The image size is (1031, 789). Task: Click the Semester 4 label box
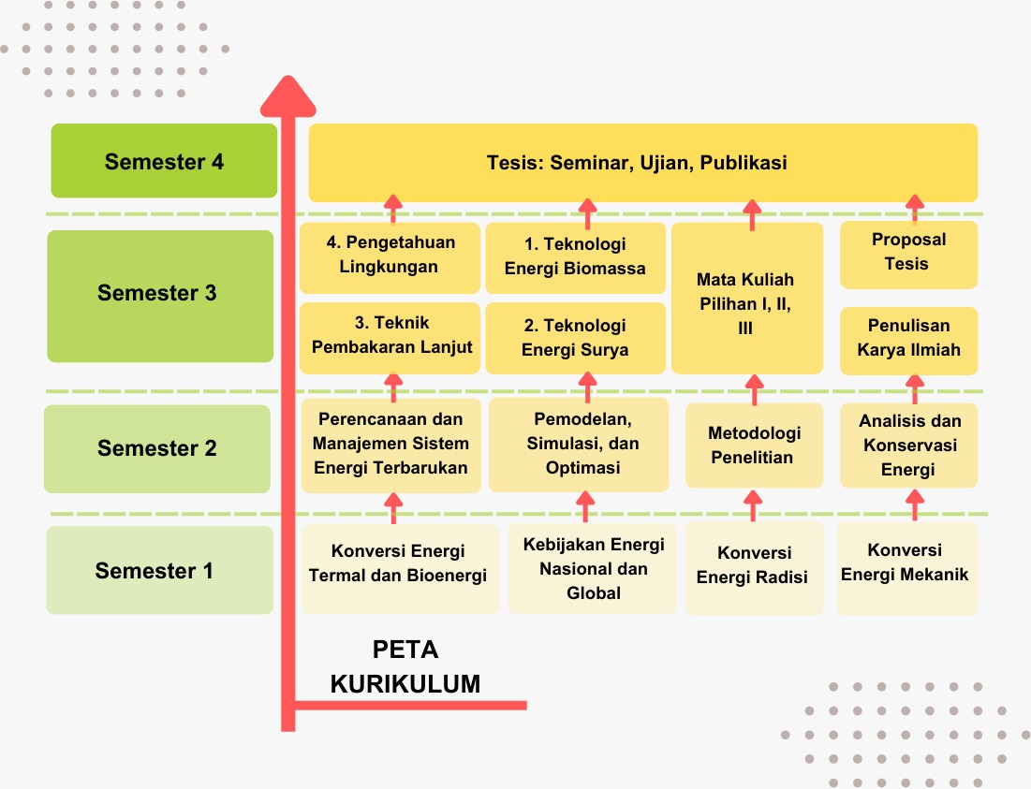[164, 161]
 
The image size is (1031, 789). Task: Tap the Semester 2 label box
[156, 448]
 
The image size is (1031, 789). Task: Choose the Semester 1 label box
[159, 570]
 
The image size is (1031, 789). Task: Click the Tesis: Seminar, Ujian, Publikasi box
[642, 163]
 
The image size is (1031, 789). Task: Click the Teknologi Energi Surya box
[575, 338]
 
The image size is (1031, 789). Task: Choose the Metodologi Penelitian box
[754, 446]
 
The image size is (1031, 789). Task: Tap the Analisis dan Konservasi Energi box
[908, 446]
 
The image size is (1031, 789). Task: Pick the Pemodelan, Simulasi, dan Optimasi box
[579, 444]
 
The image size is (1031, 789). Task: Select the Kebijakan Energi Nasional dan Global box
[592, 569]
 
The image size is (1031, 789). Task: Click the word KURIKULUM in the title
[405, 684]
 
